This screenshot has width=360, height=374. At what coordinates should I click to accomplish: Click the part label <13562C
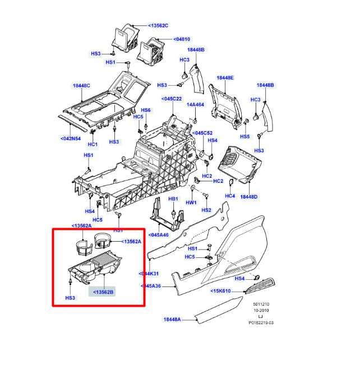[159, 26]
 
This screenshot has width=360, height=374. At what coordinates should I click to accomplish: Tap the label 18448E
[225, 77]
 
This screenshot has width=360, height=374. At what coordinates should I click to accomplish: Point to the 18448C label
[81, 86]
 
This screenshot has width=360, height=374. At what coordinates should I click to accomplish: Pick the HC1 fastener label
[93, 144]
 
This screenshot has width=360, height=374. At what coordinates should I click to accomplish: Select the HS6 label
[146, 110]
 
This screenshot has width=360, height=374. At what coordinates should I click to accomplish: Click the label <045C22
[172, 99]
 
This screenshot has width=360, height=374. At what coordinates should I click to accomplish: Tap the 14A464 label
[196, 105]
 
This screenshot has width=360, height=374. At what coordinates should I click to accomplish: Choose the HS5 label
[244, 137]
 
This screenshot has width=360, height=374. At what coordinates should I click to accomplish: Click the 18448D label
[249, 197]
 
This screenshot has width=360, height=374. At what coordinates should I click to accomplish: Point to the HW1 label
[191, 202]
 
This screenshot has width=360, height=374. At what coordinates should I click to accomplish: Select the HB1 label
[173, 199]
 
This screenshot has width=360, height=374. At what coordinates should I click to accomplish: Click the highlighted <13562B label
[103, 292]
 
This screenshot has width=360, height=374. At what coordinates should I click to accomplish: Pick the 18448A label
[172, 319]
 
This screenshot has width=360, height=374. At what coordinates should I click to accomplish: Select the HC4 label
[230, 196]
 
